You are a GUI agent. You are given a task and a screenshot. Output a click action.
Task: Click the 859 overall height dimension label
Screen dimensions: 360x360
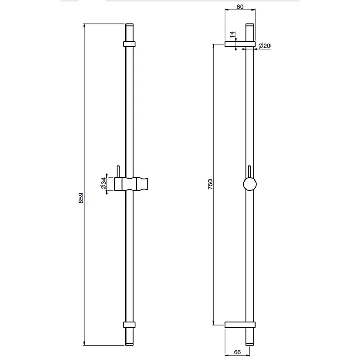pyautogui.click(x=81, y=198)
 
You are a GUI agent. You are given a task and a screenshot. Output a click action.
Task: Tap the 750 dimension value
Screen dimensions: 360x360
pyautogui.click(x=210, y=184)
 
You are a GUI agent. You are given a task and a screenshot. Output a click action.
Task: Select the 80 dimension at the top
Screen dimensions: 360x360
pyautogui.click(x=240, y=7)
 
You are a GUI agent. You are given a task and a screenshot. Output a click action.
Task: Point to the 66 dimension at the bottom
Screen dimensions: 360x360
pyautogui.click(x=237, y=352)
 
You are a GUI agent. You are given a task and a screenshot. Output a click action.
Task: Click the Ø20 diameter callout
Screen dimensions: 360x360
pyautogui.click(x=264, y=46)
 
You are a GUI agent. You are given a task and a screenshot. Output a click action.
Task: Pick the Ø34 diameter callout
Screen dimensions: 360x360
pyautogui.click(x=104, y=184)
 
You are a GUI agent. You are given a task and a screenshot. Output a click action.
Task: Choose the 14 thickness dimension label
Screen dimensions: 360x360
pyautogui.click(x=232, y=34)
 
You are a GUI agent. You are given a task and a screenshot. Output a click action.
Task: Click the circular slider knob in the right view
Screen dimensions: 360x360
pyautogui.click(x=249, y=184)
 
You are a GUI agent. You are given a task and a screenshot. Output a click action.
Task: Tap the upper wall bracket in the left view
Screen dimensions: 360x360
pyautogui.click(x=130, y=44)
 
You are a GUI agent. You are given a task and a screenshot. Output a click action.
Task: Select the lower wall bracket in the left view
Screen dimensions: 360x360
pyautogui.click(x=130, y=325)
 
